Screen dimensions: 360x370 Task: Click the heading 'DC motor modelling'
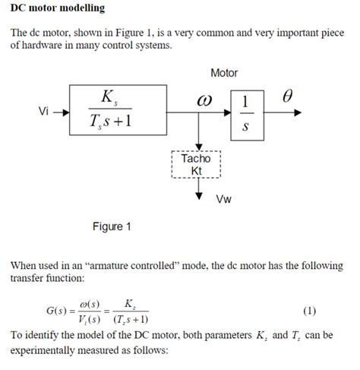pyautogui.click(x=57, y=8)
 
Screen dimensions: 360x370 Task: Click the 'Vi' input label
pyautogui.click(x=45, y=111)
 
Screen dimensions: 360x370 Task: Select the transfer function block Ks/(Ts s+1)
pyautogui.click(x=118, y=110)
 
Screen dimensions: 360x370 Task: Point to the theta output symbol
pyautogui.click(x=286, y=97)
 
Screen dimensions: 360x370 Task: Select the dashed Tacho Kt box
pyautogui.click(x=197, y=165)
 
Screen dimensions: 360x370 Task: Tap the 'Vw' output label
pyautogui.click(x=223, y=200)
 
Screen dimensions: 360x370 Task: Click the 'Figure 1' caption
pyautogui.click(x=112, y=226)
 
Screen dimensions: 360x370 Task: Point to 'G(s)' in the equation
pyautogui.click(x=62, y=311)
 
